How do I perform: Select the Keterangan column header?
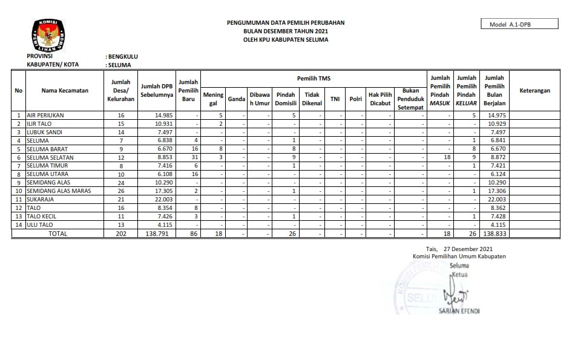pyautogui.click(x=534, y=90)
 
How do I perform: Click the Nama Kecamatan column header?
pyautogui.click(x=65, y=90)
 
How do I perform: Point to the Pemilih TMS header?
pyautogui.click(x=314, y=79)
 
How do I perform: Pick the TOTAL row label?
pyautogui.click(x=58, y=233)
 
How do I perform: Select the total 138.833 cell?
pyautogui.click(x=494, y=233)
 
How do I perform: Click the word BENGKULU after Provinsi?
pyautogui.click(x=123, y=56)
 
